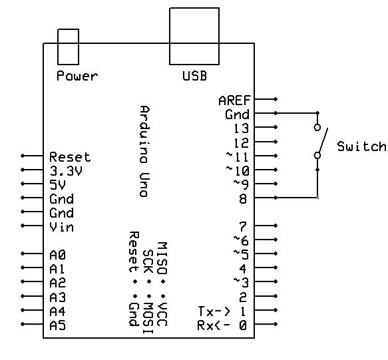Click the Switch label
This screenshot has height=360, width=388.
361,147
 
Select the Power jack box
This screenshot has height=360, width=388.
68,45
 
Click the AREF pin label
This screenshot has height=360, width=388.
234,100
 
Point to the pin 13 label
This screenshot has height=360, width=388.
241,128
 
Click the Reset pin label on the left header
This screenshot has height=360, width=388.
70,157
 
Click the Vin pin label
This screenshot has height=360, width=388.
61,228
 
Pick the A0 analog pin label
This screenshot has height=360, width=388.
57,255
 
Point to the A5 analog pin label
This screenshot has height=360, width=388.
57,325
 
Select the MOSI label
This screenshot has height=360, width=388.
147,311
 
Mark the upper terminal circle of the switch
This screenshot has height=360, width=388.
317,127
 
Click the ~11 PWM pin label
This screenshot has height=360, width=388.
238,156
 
